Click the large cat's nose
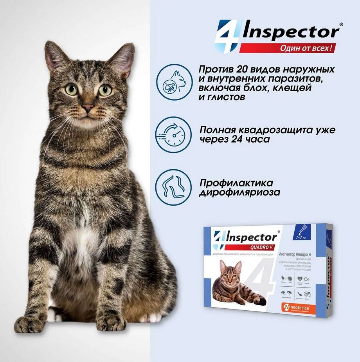[88, 107]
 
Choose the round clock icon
[173, 134]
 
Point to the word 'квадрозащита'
[281, 130]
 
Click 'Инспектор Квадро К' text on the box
[298, 255]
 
